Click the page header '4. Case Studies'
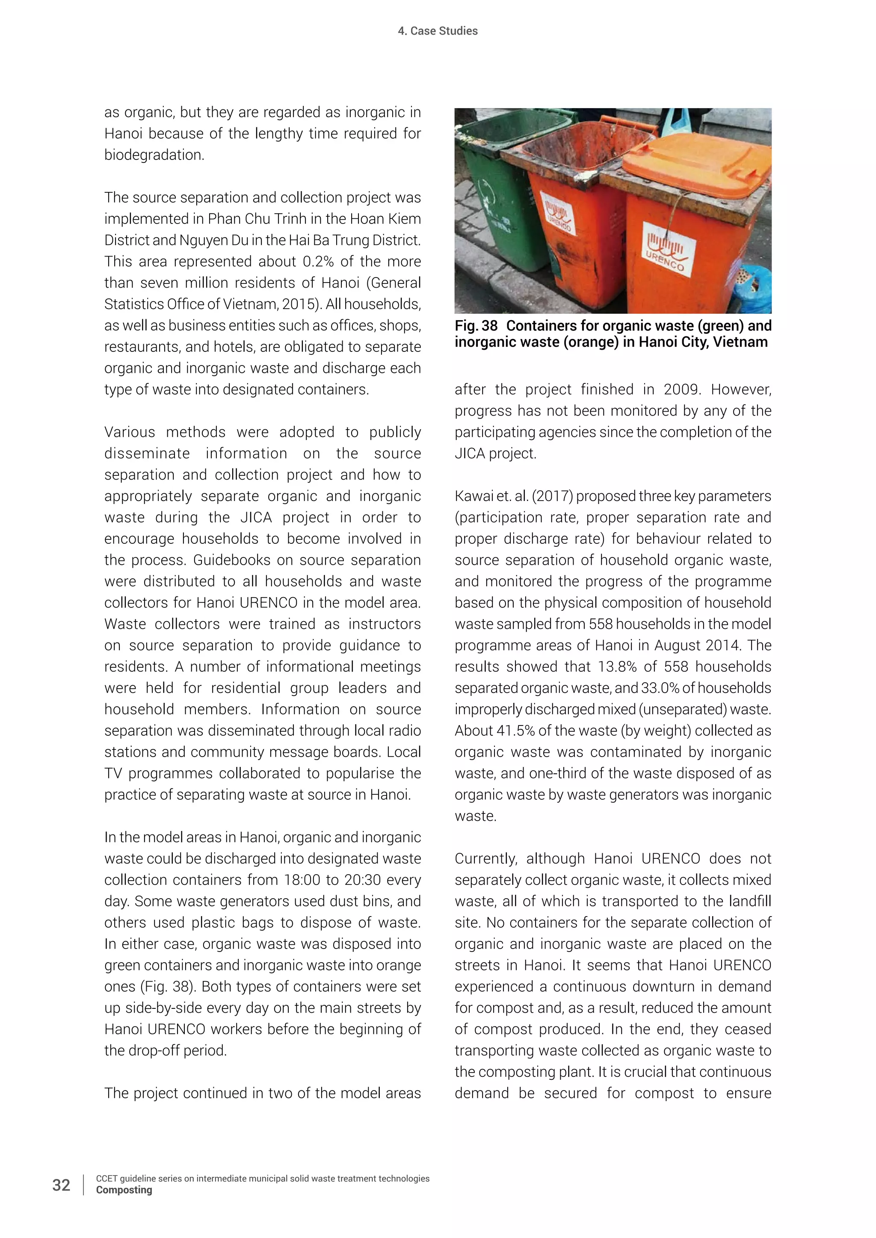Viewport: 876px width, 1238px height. pos(438,31)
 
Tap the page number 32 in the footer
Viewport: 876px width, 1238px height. pos(61,1185)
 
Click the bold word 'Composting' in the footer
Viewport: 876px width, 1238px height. pos(124,1190)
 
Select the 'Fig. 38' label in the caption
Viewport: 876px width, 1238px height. pos(476,326)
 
